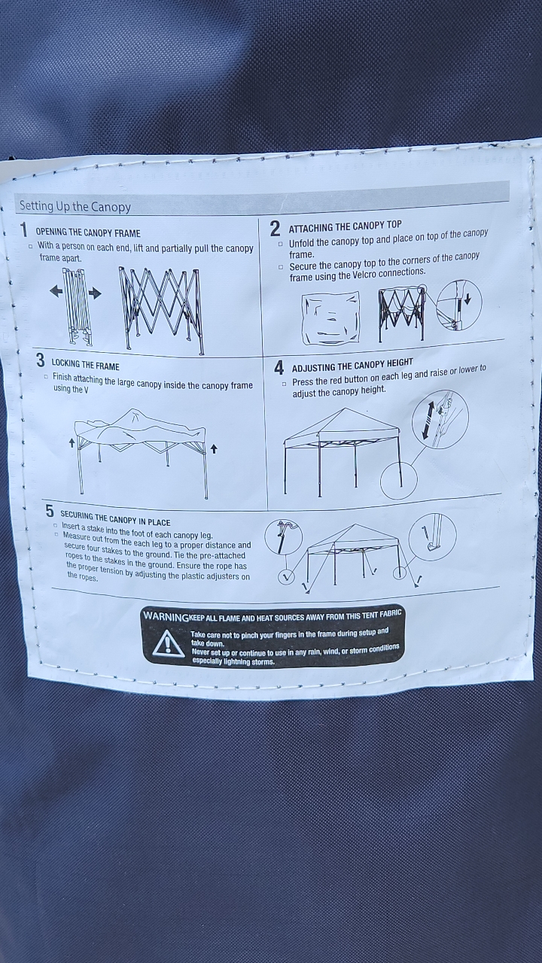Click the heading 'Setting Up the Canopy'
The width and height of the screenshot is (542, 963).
(x=75, y=206)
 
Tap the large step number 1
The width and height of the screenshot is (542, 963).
(x=25, y=230)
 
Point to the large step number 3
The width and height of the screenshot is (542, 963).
(x=41, y=360)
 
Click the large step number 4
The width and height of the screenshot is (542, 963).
(x=279, y=368)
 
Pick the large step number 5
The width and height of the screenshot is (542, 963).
(x=50, y=511)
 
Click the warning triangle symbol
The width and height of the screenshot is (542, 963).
(x=168, y=644)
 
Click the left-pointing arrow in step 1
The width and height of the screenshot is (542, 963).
(x=56, y=291)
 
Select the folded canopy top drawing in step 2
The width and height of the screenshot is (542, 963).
(x=330, y=317)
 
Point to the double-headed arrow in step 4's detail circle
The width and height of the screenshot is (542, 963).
(x=427, y=420)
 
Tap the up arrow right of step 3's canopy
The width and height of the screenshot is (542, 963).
(x=214, y=449)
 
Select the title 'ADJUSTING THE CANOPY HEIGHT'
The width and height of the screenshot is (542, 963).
(x=352, y=366)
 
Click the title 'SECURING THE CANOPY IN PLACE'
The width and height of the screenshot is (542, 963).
(x=115, y=518)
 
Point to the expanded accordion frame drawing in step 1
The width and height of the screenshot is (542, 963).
(x=162, y=308)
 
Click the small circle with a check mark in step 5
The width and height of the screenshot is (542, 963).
(x=285, y=577)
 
